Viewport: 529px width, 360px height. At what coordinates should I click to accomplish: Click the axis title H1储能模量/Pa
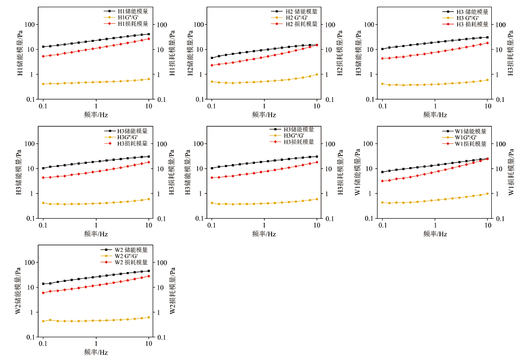click(x=20, y=53)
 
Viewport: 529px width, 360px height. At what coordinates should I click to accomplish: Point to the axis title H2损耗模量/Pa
click(x=340, y=53)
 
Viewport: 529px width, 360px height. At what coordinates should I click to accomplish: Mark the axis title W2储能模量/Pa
click(x=18, y=291)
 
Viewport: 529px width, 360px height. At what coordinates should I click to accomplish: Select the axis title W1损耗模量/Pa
click(x=511, y=172)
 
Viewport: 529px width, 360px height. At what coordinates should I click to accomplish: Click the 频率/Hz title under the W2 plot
click(x=96, y=352)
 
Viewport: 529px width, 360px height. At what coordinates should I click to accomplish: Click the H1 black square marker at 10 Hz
click(x=149, y=34)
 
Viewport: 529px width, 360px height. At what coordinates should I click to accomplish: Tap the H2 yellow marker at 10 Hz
click(x=316, y=74)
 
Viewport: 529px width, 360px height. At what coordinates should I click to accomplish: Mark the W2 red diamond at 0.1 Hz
click(x=43, y=293)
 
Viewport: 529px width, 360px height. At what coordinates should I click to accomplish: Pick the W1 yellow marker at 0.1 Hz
click(x=382, y=202)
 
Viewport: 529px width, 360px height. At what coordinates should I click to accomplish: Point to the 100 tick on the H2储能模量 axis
click(x=202, y=25)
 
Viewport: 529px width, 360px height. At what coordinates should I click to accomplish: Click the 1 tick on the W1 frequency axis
click(x=435, y=226)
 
